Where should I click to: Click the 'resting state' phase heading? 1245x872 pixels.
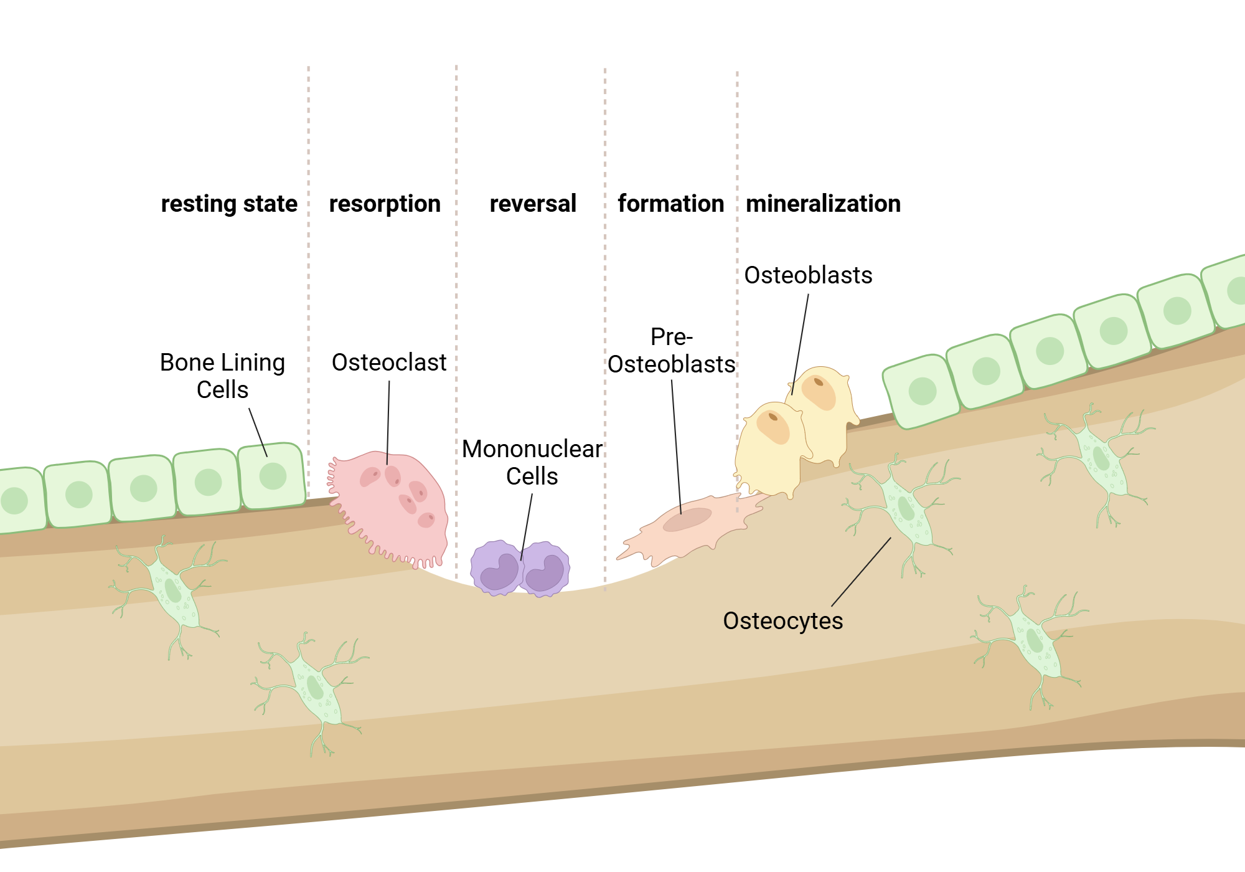tap(229, 204)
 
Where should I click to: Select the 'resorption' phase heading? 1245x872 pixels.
tap(385, 204)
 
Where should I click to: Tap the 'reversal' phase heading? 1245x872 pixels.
tap(533, 204)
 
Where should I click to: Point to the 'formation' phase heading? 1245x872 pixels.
tap(670, 204)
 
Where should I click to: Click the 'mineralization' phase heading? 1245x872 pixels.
tap(823, 204)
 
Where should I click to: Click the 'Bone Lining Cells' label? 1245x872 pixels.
tap(222, 376)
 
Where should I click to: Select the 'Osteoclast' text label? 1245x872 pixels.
tap(389, 363)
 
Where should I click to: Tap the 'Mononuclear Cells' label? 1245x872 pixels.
tap(532, 462)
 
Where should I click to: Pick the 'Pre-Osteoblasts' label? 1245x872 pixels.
tap(671, 351)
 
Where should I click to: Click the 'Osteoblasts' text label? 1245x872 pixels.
tap(808, 275)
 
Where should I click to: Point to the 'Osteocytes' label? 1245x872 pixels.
tap(782, 621)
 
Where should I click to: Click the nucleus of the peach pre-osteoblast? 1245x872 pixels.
tap(687, 519)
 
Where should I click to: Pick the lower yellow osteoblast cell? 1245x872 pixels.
tap(770, 448)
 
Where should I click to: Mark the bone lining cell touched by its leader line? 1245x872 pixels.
tap(272, 475)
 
